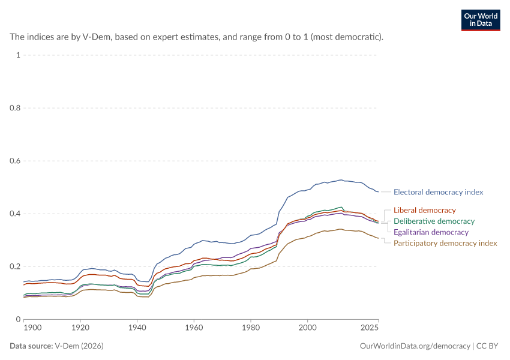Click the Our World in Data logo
(x=481, y=20)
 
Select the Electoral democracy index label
(x=438, y=192)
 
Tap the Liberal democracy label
(x=424, y=211)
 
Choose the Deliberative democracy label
(x=434, y=221)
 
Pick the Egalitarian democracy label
(x=431, y=232)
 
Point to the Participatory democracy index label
(x=445, y=243)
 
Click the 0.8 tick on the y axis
(x=15, y=108)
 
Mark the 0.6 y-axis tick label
(x=15, y=161)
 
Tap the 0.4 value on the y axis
(x=15, y=214)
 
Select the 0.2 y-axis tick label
(x=15, y=266)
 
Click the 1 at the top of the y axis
(x=18, y=55)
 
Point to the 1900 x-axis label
(x=32, y=328)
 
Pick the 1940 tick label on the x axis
(x=137, y=328)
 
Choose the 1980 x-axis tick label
(x=251, y=328)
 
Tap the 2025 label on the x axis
(x=370, y=328)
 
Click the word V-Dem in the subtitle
(x=96, y=37)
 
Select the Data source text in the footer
(x=31, y=346)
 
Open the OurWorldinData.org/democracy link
(x=415, y=346)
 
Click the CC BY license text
(x=487, y=346)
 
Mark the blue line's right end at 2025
(x=378, y=192)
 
